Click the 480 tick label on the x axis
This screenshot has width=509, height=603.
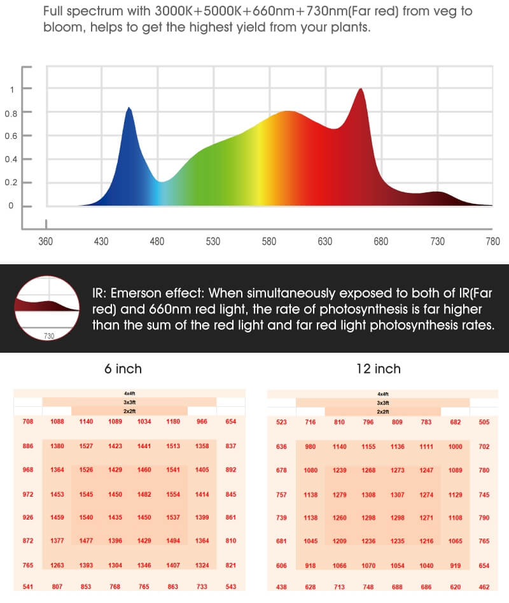coord(157,242)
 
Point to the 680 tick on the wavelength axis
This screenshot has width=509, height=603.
coord(381,242)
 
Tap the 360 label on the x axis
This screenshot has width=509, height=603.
coord(46,242)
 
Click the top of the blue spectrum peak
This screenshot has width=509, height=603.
coord(129,108)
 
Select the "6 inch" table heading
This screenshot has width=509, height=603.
coord(123,369)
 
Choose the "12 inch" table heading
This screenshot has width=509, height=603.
coord(379,369)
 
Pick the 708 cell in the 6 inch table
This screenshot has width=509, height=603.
coord(28,422)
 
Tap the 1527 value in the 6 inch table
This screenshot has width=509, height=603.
coord(86,446)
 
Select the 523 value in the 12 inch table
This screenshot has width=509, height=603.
coord(282,422)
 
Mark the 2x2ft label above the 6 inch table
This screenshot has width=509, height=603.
coord(129,411)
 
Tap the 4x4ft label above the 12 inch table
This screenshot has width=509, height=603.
coord(383,394)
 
